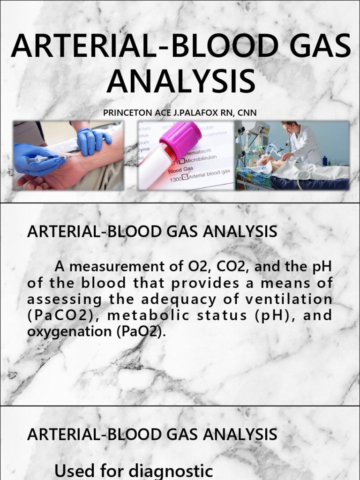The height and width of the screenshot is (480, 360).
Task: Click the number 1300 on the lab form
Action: coord(176,180)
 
